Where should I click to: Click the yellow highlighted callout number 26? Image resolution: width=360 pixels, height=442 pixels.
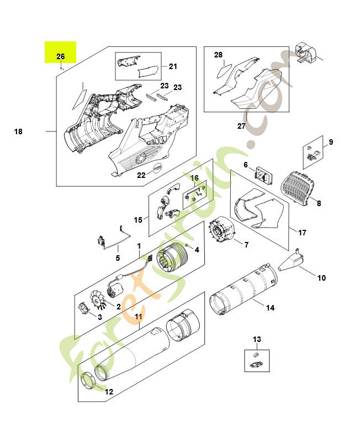pos(61,56)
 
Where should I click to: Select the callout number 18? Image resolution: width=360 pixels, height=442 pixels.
pos(18,131)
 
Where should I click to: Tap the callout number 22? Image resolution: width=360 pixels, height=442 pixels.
pos(141,175)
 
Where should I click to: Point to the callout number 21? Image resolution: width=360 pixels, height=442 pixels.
pos(173,67)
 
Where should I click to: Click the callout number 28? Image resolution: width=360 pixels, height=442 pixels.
pos(218,55)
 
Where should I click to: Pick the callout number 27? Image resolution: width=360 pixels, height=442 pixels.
pos(241,126)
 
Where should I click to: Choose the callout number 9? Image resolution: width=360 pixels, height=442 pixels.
pos(331,143)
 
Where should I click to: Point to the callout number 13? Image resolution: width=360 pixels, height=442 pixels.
pos(257,339)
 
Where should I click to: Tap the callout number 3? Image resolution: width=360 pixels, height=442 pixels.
pos(99,317)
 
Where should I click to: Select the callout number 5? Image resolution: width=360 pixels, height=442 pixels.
pos(118,257)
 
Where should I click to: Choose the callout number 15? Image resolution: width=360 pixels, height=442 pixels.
pos(138,219)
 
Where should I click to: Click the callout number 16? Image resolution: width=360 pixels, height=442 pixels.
pos(194,178)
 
